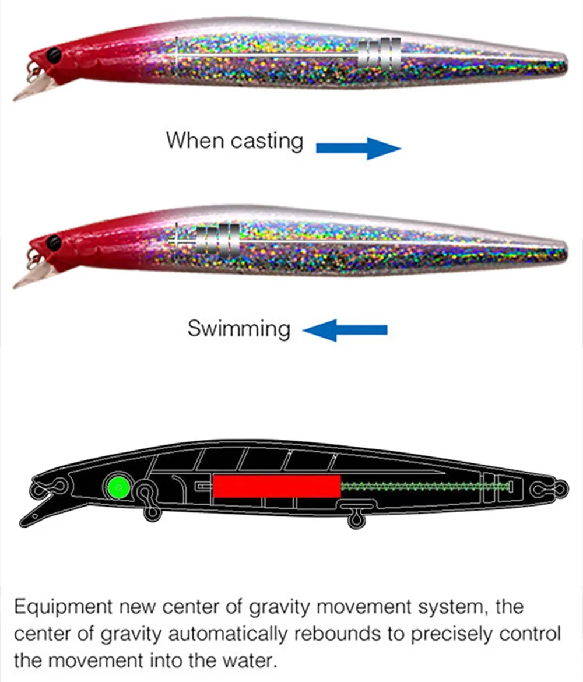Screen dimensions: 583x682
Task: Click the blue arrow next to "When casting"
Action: pyautogui.click(x=358, y=148)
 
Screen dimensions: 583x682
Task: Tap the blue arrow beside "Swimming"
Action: pyautogui.click(x=345, y=330)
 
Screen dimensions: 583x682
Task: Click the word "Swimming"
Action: pyautogui.click(x=239, y=329)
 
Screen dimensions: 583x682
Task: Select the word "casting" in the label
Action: pyautogui.click(x=266, y=142)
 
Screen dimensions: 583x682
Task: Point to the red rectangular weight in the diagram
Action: pyautogui.click(x=277, y=486)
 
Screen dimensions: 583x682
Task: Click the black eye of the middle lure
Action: pyautogui.click(x=54, y=242)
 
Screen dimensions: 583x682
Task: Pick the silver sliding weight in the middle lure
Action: pyautogui.click(x=217, y=240)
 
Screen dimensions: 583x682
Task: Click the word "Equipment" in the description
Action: pyautogui.click(x=63, y=607)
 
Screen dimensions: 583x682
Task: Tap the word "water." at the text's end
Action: pyautogui.click(x=250, y=660)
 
